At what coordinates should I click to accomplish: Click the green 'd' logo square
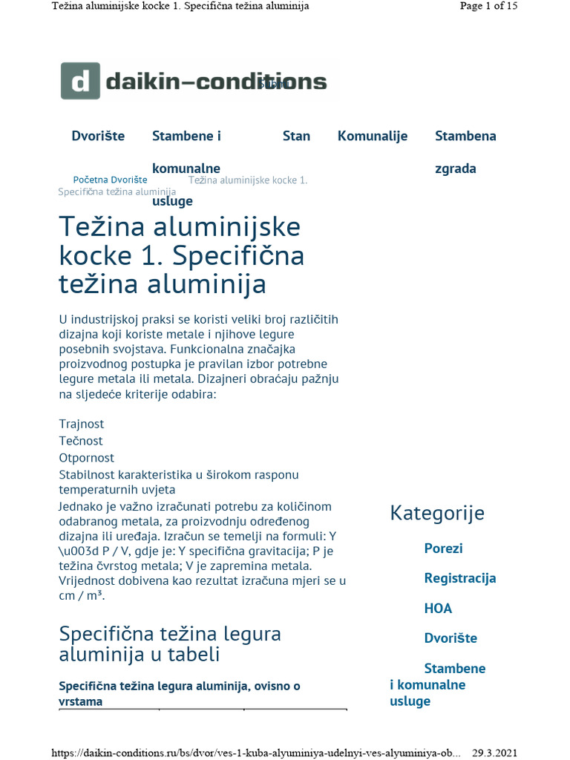(79, 82)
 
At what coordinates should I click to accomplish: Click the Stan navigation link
(296, 136)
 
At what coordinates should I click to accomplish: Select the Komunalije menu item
(373, 136)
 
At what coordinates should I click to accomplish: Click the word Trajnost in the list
(82, 424)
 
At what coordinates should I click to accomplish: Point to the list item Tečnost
(81, 441)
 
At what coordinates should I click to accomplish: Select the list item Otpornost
(87, 458)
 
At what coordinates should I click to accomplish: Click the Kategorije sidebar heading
(437, 513)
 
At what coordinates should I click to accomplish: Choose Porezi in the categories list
(443, 548)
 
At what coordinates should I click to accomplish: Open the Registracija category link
(460, 578)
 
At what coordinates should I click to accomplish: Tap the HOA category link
(438, 609)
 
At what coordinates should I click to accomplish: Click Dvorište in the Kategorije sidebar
(451, 638)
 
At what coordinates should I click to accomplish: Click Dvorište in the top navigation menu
(98, 136)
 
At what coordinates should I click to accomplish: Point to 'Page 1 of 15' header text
(488, 6)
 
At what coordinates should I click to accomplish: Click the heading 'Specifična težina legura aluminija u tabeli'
(170, 644)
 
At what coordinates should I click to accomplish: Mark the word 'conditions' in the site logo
(272, 82)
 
